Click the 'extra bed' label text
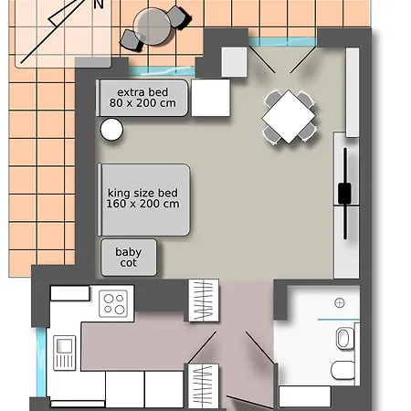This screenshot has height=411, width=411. pos(142,92)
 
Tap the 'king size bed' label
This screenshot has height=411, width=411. pos(142,193)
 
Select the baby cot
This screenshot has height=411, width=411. pos(129,258)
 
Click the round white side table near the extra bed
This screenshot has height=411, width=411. pos(111,130)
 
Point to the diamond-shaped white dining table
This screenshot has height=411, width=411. pos(289,116)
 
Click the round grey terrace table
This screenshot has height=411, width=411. pos(152,26)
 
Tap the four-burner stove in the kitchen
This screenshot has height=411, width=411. pos(113,303)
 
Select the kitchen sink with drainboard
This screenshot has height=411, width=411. pos(65,353)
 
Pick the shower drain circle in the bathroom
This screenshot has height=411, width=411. pos(340,303)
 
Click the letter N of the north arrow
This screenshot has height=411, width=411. pos(99,5)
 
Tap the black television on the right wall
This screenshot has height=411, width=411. pos(345,194)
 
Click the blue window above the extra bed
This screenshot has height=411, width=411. pos(162,71)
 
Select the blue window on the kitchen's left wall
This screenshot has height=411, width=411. pos(41,363)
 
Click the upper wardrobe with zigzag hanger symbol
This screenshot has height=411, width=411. pos(204,300)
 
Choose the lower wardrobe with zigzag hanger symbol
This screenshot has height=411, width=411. pos(204,386)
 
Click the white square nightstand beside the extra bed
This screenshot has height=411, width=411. pos(210,98)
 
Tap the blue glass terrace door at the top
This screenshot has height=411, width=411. pos(282,42)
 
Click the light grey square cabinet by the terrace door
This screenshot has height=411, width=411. pos(234,62)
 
